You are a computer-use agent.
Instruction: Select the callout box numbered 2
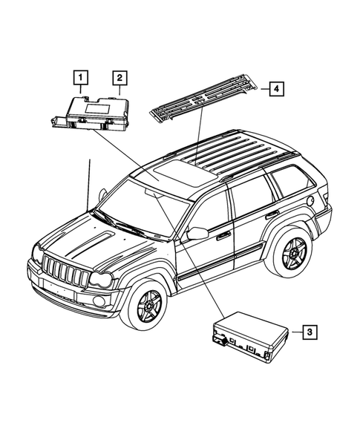tap(119, 77)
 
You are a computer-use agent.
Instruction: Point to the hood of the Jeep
tap(82, 237)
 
